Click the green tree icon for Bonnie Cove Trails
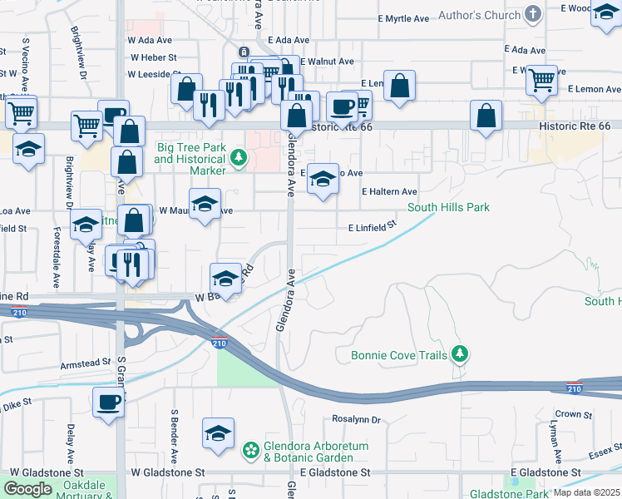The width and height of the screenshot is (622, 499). (x=459, y=355)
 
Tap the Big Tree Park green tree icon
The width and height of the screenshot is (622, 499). (x=239, y=156)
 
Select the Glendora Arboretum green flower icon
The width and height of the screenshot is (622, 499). (x=250, y=451)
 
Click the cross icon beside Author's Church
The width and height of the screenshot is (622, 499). (x=533, y=15)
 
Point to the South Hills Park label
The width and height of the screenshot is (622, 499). (x=447, y=207)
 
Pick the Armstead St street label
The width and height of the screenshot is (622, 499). (x=86, y=363)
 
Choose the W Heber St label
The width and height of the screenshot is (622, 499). (x=153, y=57)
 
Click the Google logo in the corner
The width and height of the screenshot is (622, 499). (x=27, y=489)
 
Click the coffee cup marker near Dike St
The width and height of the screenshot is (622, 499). (x=108, y=403)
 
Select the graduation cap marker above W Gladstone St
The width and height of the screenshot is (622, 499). (x=218, y=433)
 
